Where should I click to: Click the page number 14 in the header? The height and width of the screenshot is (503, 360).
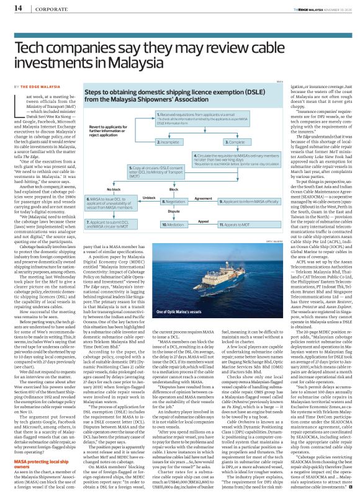click(x=16, y=9)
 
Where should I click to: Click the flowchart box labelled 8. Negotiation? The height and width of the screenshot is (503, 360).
click(x=173, y=202)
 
